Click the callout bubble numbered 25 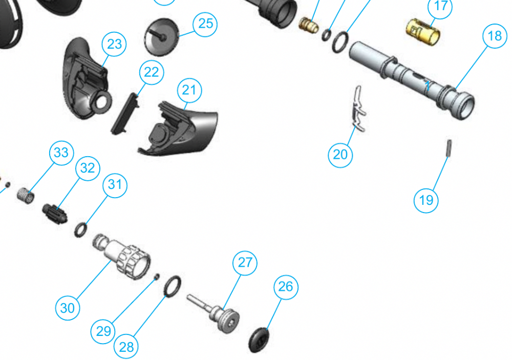pyautogui.click(x=205, y=24)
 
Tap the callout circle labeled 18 pyautogui.click(x=495, y=36)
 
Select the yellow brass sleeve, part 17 pyautogui.click(x=423, y=32)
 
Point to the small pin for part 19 pyautogui.click(x=450, y=149)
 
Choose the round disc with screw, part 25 pyautogui.click(x=162, y=37)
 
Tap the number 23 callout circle pyautogui.click(x=114, y=44)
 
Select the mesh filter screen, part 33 pyautogui.click(x=26, y=196)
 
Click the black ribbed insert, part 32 pyautogui.click(x=55, y=214)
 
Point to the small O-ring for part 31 pyautogui.click(x=81, y=229)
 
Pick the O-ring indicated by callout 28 pyautogui.click(x=172, y=286)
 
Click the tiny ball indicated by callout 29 pyautogui.click(x=157, y=277)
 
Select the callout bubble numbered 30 pyautogui.click(x=68, y=308)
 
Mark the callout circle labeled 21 pyautogui.click(x=189, y=90)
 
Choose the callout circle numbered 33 pyautogui.click(x=61, y=153)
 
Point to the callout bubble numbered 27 pyautogui.click(x=245, y=263)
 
